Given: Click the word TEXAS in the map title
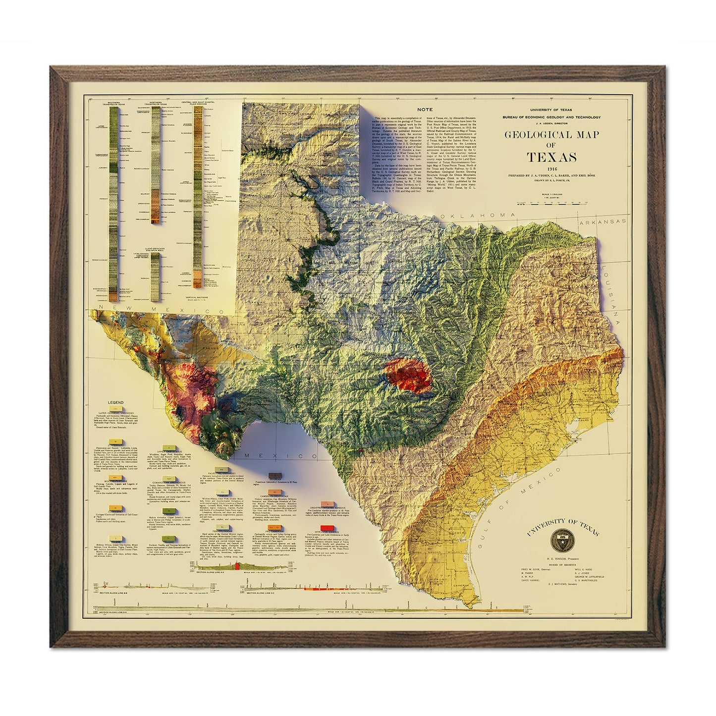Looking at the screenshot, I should coord(551,158).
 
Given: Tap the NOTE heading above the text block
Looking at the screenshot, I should coord(425,109).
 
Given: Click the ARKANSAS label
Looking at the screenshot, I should coord(605,222).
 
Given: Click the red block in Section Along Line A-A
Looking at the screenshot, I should coord(237,566).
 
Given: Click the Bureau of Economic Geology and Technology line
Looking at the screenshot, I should coord(551,117).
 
